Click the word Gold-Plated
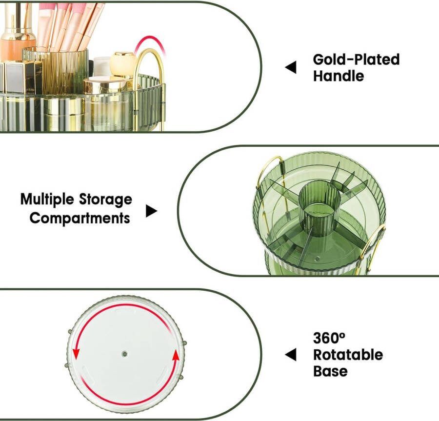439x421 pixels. (x=356, y=60)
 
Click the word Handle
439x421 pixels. (x=339, y=76)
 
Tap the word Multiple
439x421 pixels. (x=47, y=200)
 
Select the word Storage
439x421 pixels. (x=105, y=200)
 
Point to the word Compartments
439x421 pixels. (x=80, y=218)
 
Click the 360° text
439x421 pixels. (x=329, y=338)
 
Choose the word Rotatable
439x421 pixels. (x=348, y=355)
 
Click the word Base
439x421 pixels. (x=330, y=371)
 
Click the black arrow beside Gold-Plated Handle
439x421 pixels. (x=291, y=67)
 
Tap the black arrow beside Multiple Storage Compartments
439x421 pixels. (x=152, y=211)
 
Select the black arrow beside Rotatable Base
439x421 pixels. (x=291, y=355)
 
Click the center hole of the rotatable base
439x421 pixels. (x=124, y=354)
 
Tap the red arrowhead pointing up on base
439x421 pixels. (x=176, y=355)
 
